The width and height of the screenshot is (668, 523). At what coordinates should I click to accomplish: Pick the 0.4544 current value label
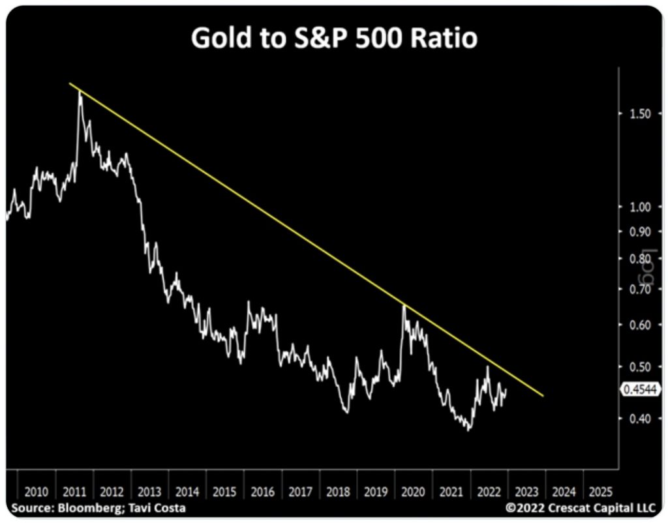pos(639,389)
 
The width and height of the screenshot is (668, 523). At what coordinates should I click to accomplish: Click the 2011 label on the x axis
pos(74,491)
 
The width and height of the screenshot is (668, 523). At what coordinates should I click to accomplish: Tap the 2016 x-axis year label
pos(262,491)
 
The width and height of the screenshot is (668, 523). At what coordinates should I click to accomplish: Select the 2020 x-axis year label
pos(413,491)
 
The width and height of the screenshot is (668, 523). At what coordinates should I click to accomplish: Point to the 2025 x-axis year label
pos(600,491)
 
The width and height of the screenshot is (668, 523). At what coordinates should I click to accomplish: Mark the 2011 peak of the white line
pos(80,93)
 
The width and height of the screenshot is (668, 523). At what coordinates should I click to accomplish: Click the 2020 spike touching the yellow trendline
pos(404,305)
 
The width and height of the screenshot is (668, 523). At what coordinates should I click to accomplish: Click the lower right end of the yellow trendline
pos(543,395)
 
